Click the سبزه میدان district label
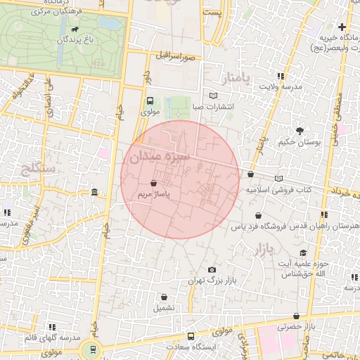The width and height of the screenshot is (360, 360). click(x=159, y=156)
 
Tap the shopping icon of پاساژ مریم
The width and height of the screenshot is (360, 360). click(x=153, y=183)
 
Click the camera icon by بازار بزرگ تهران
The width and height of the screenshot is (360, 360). click(x=212, y=270)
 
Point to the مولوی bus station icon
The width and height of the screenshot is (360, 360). click(x=150, y=101)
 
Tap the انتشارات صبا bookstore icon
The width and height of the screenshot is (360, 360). click(x=214, y=96)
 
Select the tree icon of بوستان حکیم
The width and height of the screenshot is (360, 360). click(x=300, y=131)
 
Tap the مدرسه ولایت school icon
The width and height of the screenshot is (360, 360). click(x=281, y=76)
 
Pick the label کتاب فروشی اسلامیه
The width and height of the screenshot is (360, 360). click(x=278, y=190)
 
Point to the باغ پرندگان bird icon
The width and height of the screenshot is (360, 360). click(x=74, y=30)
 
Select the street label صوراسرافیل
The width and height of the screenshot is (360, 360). click(x=175, y=55)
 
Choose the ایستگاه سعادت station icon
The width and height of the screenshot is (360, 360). click(x=191, y=337)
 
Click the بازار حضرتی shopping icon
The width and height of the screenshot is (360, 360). click(x=296, y=316)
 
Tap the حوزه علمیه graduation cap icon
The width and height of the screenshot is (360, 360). click(x=303, y=253)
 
